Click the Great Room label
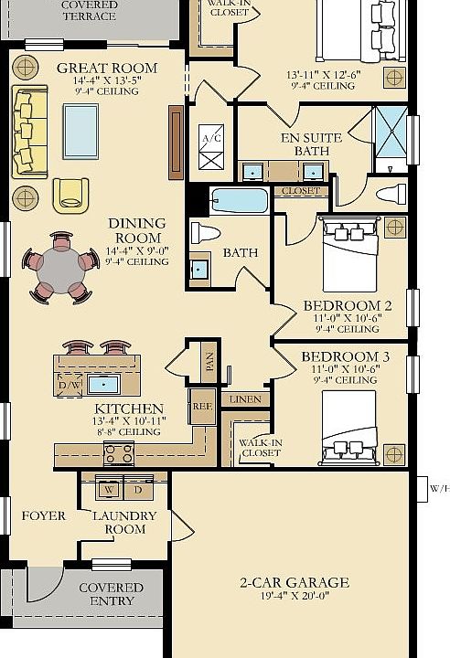pos(107,68)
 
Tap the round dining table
pos(61,270)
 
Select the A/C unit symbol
pos(211,147)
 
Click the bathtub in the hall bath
pos(240,201)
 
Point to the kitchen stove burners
pos(119,454)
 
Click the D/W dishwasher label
pos(69,385)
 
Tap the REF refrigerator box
pos(202,406)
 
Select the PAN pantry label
pos(210,362)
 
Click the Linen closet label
pos(245,399)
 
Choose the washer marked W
pos(109,488)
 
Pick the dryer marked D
pos(138,488)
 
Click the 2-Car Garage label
pos(295,582)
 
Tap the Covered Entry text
pos(112,594)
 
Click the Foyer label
pos(44,515)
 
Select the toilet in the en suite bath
pos(391,195)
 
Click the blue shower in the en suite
pos(391,133)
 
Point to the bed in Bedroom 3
pos(349,427)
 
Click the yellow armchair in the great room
pos(70,196)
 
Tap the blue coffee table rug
pos(80,132)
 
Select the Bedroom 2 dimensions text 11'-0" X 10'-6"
pos(348,318)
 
